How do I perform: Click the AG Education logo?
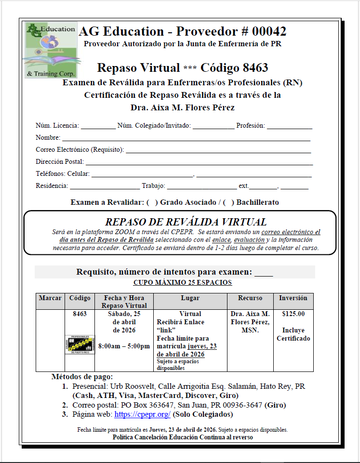point(51,50)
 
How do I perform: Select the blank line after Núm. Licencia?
point(98,127)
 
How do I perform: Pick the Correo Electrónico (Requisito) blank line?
point(218,151)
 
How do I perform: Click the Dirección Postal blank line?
point(199,163)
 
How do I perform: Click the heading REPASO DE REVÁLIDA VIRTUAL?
point(186,222)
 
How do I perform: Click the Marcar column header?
point(50,298)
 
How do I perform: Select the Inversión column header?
point(293,298)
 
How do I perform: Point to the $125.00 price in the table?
point(293,314)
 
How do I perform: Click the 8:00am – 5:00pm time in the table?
point(124,346)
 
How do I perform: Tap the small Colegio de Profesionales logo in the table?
point(80,345)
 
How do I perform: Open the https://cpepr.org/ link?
point(142,414)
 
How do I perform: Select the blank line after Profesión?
point(289,127)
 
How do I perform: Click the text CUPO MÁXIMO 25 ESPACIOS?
point(183,283)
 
